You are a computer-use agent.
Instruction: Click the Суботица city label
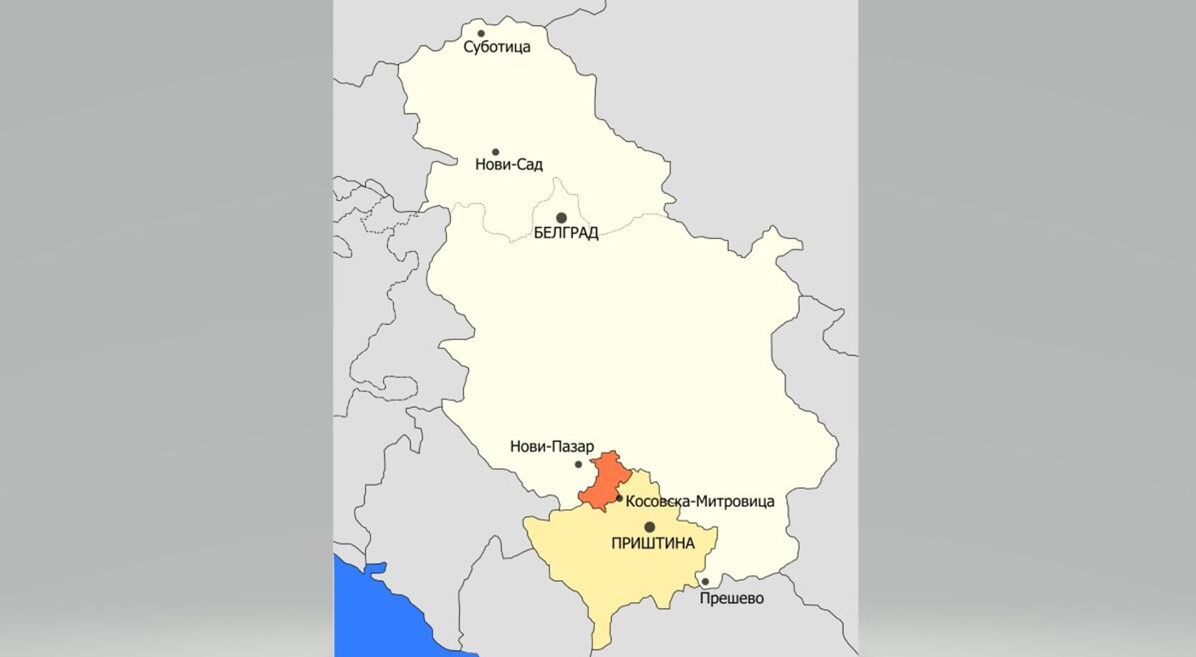coord(496,47)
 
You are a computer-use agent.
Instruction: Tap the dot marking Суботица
coord(481,34)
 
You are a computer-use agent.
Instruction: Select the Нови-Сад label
coord(508,165)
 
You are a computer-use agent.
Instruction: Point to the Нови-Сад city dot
coord(496,152)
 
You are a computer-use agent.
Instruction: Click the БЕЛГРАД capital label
coord(566,234)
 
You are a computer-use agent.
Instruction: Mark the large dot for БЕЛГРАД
coord(561,218)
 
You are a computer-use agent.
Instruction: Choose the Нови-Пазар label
coord(552,447)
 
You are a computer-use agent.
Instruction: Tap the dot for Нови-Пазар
coord(578,464)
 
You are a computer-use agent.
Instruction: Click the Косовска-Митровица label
coord(700,501)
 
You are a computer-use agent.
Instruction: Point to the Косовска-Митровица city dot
coord(619,498)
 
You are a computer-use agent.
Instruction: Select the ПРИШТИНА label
coord(653,544)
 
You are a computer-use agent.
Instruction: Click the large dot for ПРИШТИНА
coord(650,527)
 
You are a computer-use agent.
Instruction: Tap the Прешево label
coord(731,599)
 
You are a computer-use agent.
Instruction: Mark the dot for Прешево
coord(705,582)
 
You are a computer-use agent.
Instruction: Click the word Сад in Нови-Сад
coord(529,165)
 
